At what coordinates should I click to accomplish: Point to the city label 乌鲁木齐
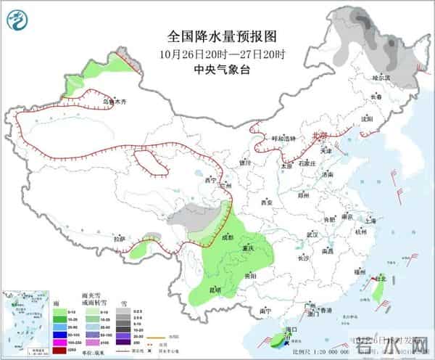(x=115, y=103)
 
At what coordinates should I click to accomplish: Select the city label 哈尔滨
(x=381, y=77)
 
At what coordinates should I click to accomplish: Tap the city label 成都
(x=228, y=237)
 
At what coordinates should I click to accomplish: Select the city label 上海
(x=370, y=218)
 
